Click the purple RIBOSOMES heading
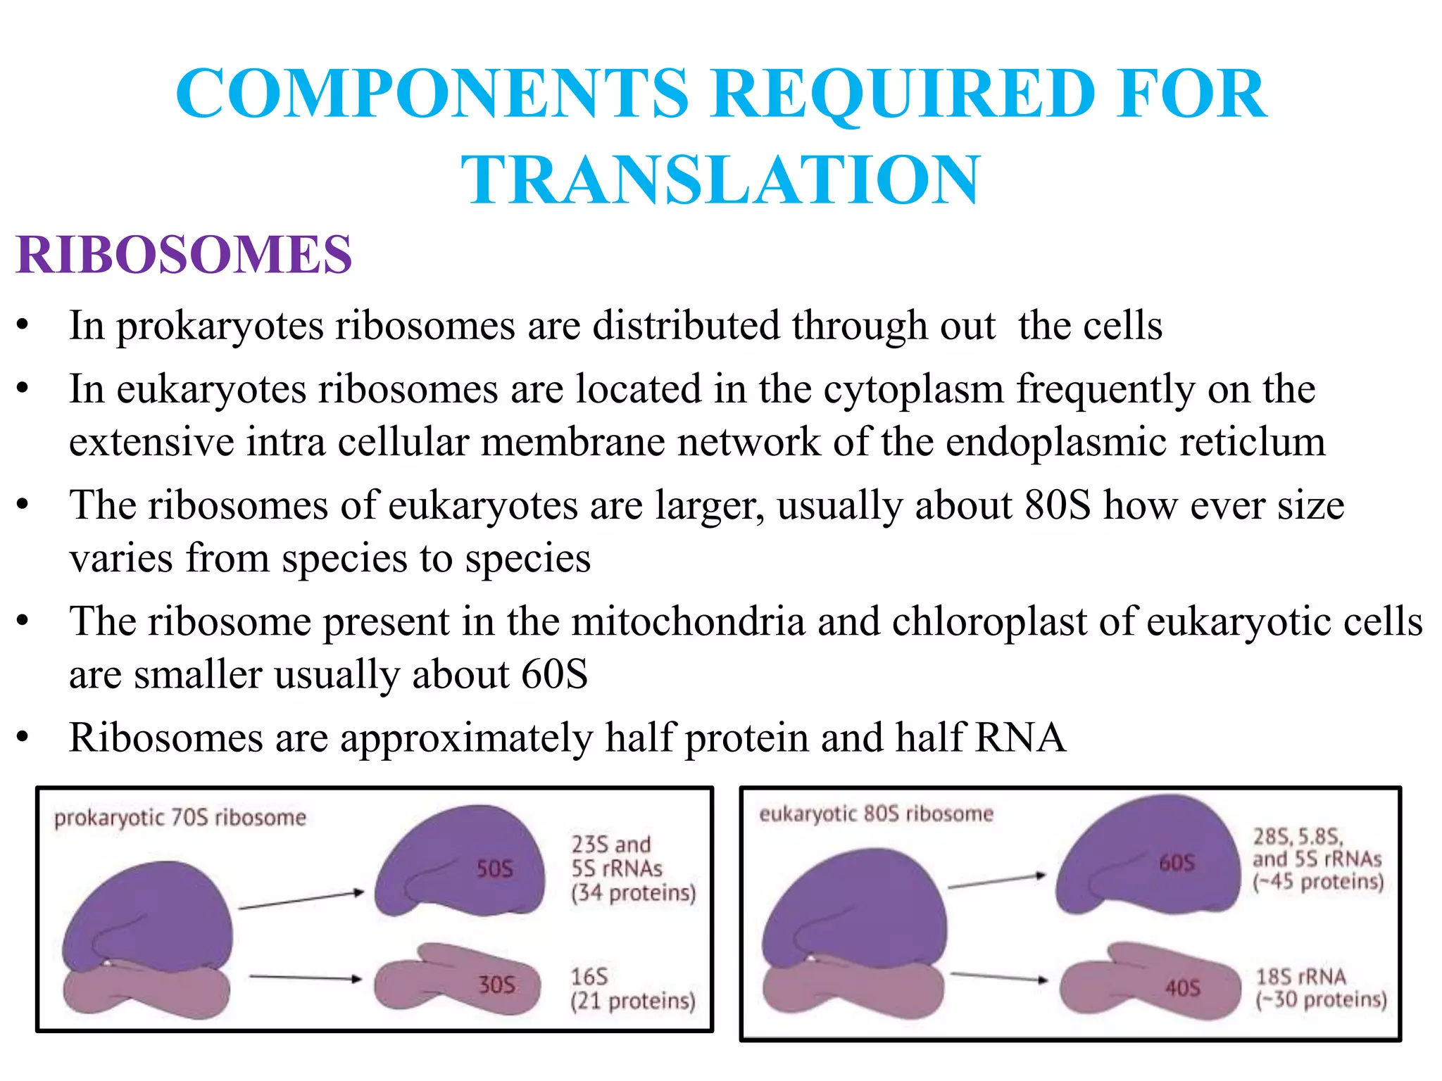click(184, 254)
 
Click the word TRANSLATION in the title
click(720, 180)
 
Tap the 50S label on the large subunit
click(494, 869)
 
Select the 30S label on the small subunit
click(497, 985)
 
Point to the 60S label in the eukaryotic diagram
click(1177, 863)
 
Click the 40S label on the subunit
click(1182, 988)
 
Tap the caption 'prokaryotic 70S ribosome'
click(180, 818)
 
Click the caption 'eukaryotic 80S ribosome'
click(876, 814)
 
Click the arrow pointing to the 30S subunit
click(306, 978)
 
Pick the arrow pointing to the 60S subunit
click(997, 881)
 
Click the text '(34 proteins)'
click(633, 893)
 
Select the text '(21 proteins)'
click(632, 1001)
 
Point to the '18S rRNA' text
click(1301, 977)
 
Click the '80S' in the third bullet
click(1058, 505)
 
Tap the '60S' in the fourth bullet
click(554, 674)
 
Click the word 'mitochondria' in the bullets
click(688, 621)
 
